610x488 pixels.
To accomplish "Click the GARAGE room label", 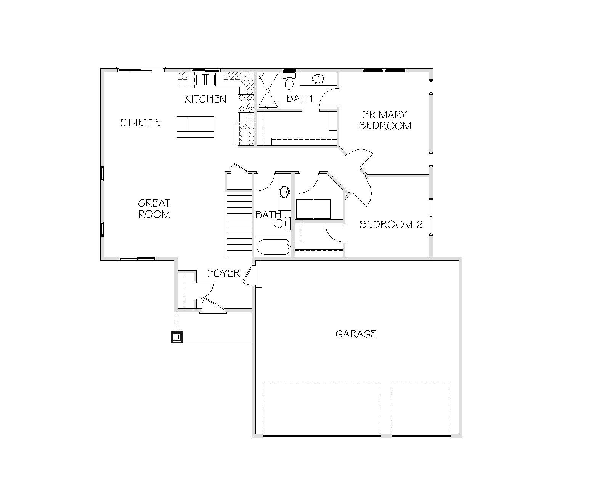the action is [356, 334].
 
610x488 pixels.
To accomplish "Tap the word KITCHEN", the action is [205, 99].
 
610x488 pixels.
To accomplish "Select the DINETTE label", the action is [141, 123].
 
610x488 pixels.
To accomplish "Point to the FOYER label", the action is [224, 273].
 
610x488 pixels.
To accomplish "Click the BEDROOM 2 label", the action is [391, 225].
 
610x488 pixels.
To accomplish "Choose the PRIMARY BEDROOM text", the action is [385, 120].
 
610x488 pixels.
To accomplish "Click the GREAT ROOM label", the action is [154, 209].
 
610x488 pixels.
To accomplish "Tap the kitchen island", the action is [195, 127].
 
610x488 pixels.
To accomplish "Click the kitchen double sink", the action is [205, 79].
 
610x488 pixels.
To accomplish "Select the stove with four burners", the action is [246, 103].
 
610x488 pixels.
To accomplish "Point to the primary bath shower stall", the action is [268, 90].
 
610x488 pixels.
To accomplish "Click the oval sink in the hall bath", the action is [284, 192].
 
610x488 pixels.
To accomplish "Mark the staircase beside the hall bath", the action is [239, 225].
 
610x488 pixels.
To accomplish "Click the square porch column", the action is [177, 337].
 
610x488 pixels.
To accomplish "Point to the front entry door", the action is [213, 306].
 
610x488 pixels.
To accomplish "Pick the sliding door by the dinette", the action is [141, 69].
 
